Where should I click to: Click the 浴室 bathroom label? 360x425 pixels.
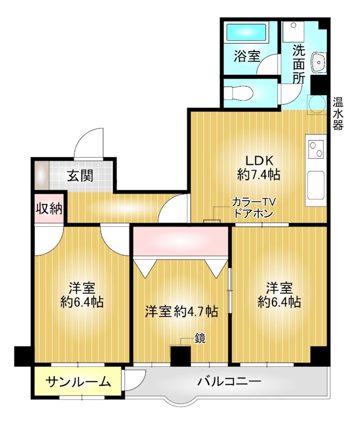(x=247, y=55)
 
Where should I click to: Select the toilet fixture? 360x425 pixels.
(x=236, y=93)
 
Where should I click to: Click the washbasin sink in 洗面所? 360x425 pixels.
(x=319, y=62)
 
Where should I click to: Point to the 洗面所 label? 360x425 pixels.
(x=298, y=63)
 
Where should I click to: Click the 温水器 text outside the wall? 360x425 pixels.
(x=338, y=113)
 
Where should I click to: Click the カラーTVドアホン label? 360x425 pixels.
(x=253, y=208)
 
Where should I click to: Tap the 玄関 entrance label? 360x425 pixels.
(x=81, y=175)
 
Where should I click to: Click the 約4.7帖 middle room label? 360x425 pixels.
(x=182, y=311)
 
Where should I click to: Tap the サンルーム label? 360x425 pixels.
(x=78, y=381)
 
